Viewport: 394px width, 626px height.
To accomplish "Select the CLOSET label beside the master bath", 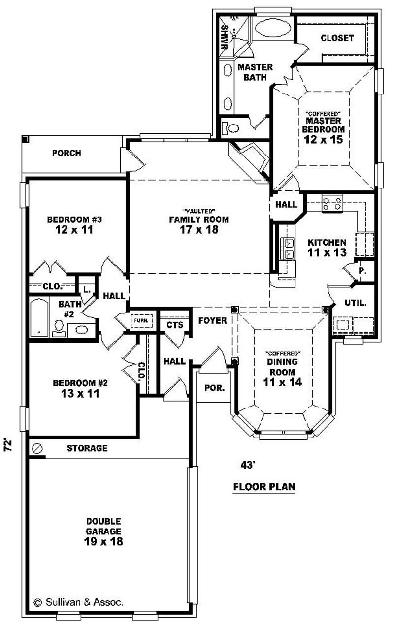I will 337,38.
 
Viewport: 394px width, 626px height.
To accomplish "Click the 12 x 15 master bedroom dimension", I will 323,139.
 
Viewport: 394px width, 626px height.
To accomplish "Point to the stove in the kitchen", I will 332,203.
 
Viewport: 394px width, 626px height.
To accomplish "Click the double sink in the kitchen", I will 287,249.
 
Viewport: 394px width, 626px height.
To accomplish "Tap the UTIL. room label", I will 356,303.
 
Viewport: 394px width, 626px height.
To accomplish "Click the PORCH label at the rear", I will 66,153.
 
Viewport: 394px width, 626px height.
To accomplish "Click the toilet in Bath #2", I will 59,326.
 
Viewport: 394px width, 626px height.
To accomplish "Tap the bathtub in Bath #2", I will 38,317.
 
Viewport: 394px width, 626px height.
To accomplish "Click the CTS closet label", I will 174,325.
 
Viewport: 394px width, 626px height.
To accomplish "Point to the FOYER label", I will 212,321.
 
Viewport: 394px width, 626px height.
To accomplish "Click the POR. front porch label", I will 214,387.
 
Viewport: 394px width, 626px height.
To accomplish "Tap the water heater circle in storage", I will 37,448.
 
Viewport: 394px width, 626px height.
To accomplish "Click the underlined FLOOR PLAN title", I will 264,487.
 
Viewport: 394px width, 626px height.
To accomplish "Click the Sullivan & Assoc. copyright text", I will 78,601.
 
